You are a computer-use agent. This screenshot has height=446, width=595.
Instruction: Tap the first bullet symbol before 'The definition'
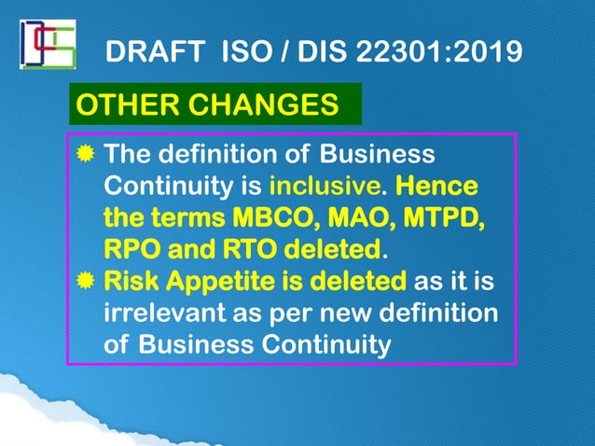[86, 154]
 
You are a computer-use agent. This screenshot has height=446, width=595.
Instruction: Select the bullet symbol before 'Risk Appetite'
[86, 281]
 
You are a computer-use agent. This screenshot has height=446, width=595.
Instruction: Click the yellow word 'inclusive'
[311, 187]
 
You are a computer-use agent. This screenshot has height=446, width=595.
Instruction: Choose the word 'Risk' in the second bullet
[131, 281]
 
